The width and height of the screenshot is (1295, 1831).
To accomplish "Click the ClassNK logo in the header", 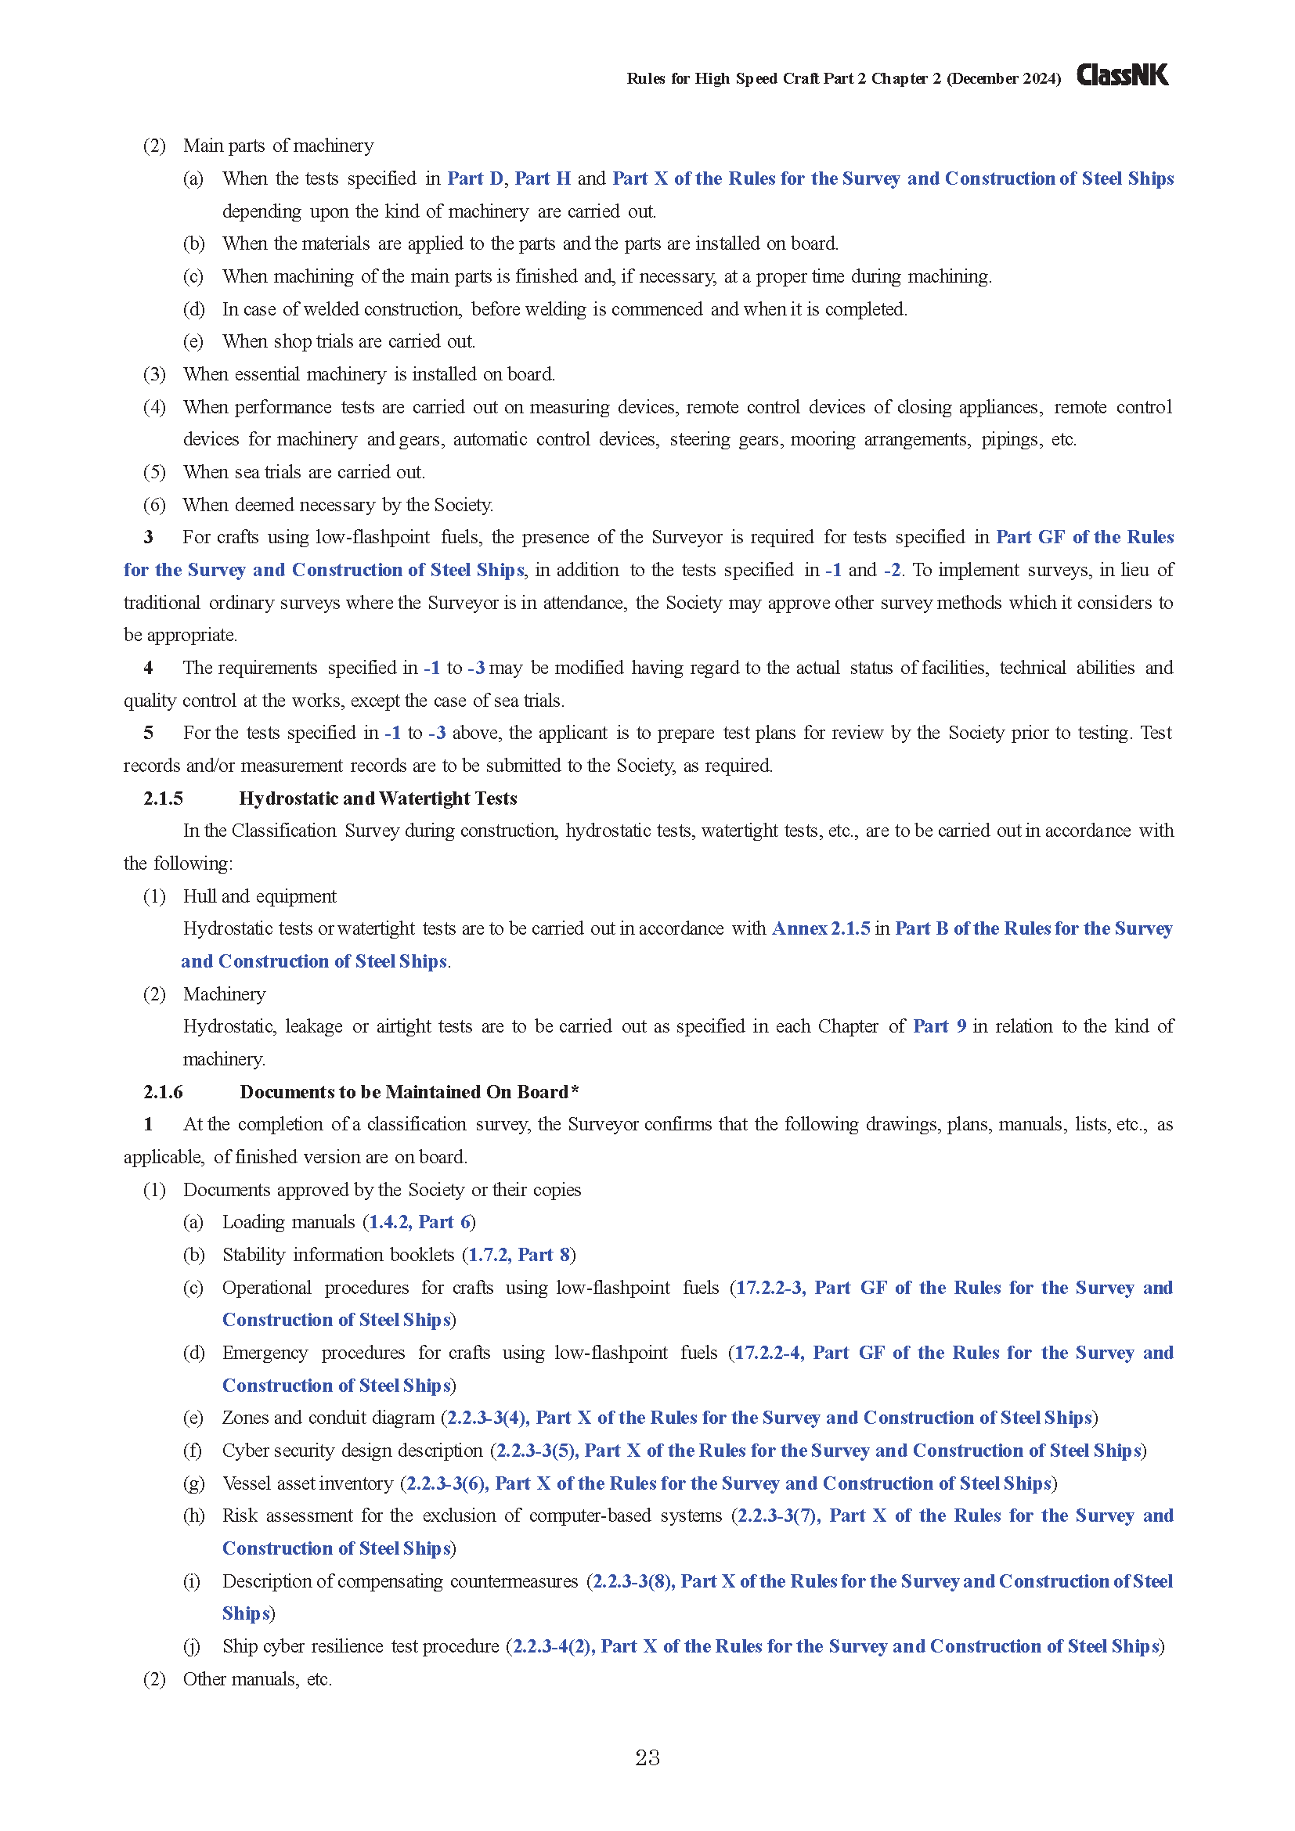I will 1122,76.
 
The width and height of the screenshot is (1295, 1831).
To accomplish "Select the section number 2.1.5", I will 163,798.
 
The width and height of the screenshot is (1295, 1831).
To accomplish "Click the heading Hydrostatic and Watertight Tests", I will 378,798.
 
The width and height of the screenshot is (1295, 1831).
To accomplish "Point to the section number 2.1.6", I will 163,1092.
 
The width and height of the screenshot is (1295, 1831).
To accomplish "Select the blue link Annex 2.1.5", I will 821,928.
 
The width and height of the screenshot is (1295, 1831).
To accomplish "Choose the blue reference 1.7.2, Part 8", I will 518,1254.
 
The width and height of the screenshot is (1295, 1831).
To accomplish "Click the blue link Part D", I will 475,178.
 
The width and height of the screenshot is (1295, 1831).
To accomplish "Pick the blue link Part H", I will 543,178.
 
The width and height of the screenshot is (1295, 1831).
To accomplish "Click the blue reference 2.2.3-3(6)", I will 445,1483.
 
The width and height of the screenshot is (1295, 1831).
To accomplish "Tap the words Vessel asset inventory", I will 308,1483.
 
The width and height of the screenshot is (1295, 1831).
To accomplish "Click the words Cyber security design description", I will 352,1451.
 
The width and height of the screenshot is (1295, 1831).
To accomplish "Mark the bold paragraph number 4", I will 148,668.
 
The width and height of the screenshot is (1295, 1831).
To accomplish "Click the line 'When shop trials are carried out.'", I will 348,341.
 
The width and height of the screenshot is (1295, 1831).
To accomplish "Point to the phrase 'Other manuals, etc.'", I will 258,1678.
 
